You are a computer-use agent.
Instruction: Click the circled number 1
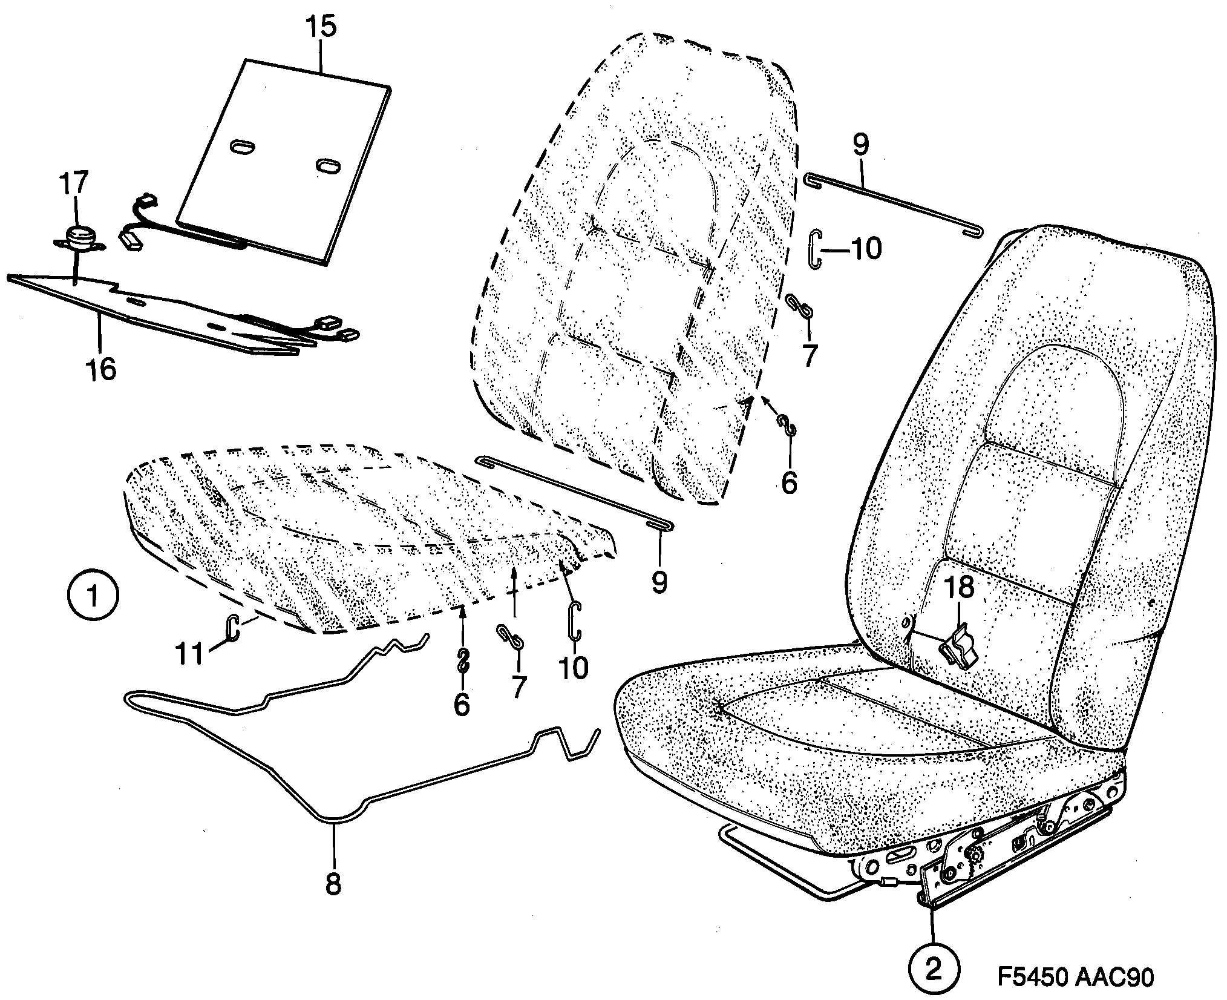[x=93, y=597]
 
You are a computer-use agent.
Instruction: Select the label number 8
[x=333, y=884]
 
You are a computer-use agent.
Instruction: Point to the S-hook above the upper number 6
[x=787, y=424]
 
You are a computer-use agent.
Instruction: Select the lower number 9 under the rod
[x=659, y=581]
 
